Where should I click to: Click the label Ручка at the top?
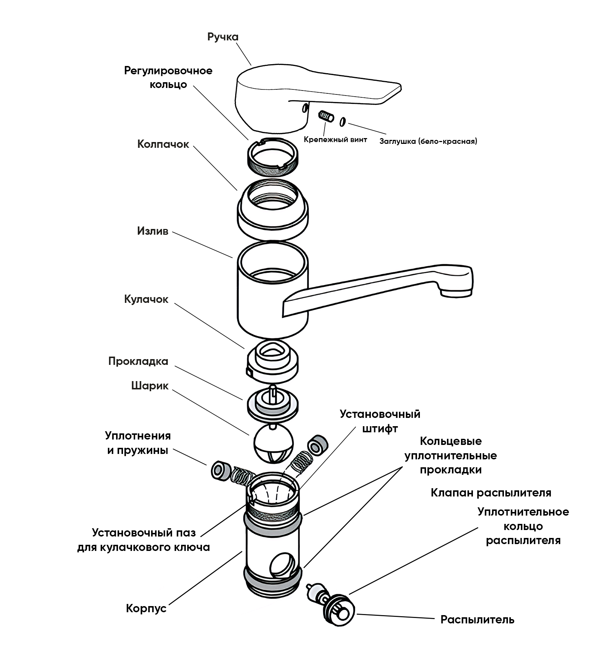tap(223, 37)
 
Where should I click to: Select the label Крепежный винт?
tap(335, 140)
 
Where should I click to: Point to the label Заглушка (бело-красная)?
tap(428, 141)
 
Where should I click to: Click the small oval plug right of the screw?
tap(343, 122)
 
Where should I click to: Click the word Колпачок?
tap(163, 145)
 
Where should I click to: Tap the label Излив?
tap(153, 231)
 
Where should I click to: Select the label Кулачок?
tap(146, 300)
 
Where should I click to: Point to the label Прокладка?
tap(138, 361)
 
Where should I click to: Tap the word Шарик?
tap(150, 386)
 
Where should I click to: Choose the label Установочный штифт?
tap(380, 421)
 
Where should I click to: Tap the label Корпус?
tap(146, 609)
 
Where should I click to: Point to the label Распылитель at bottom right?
tap(477, 620)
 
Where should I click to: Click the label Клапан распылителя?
tap(491, 493)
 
